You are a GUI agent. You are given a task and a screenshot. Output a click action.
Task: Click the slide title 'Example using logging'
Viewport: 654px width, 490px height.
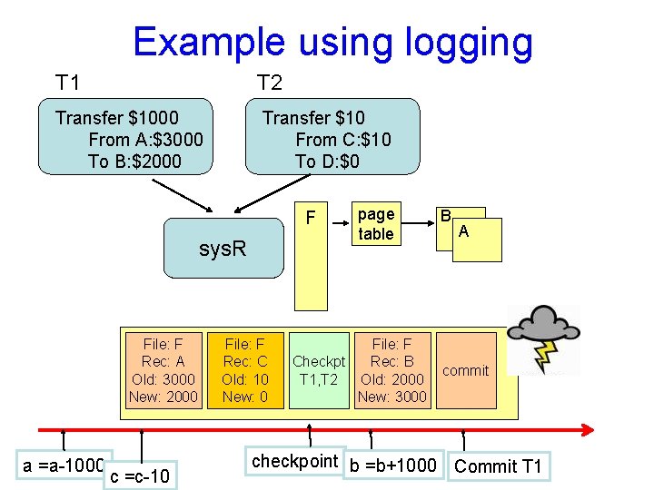332,43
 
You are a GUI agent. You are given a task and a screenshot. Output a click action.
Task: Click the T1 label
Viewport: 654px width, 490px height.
67,83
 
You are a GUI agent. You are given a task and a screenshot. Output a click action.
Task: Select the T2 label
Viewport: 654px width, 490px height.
270,83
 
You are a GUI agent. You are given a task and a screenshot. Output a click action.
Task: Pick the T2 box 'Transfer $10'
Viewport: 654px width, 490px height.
332,136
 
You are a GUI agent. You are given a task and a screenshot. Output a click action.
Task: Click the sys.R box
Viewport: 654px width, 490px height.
223,248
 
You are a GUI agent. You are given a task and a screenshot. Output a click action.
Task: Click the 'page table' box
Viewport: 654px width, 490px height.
375,224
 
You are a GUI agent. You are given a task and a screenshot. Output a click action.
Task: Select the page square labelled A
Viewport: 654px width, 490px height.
477,240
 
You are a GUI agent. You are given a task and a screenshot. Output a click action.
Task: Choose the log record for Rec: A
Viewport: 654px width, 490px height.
163,370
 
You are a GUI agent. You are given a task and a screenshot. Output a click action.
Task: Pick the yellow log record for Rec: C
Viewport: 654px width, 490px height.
245,370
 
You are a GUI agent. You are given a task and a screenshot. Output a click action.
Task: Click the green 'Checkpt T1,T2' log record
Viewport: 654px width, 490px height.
318,370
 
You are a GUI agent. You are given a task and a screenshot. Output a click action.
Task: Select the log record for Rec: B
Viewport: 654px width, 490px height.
391,370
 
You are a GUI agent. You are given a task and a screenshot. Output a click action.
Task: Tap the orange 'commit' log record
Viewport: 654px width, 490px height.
466,370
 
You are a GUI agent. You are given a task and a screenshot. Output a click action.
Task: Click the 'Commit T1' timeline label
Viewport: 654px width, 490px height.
498,466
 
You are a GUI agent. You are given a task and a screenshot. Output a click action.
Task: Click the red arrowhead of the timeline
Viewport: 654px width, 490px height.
588,429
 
